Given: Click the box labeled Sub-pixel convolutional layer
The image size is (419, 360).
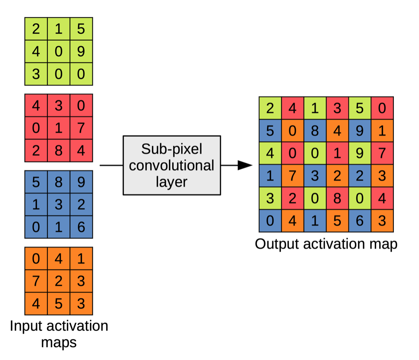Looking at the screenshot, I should click(172, 165).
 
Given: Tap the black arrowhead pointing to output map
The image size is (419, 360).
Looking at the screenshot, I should click(244, 165).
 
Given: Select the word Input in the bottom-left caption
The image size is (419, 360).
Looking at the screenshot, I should click(27, 326).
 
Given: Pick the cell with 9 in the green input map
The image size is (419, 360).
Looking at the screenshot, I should click(81, 51).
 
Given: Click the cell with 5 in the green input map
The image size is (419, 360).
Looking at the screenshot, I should click(81, 29).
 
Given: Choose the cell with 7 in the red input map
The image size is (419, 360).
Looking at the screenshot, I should click(81, 128).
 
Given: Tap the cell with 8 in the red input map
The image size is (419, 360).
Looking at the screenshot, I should click(58, 151).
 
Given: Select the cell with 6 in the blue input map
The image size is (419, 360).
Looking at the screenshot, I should click(81, 227).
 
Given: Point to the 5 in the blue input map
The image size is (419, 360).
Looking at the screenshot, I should click(36, 182).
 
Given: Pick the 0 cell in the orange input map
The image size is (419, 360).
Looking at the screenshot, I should click(36, 258).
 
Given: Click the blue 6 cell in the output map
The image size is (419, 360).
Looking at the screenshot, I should click(359, 221).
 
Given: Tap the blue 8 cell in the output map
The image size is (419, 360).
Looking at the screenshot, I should click(314, 131).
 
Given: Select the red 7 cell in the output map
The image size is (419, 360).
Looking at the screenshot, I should click(382, 153).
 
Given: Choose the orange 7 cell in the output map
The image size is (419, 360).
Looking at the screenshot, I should click(292, 176).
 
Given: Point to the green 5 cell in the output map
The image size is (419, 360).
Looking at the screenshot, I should click(359, 108).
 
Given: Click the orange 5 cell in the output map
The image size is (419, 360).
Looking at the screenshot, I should click(337, 221).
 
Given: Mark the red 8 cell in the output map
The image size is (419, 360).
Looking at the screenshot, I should click(337, 198).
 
